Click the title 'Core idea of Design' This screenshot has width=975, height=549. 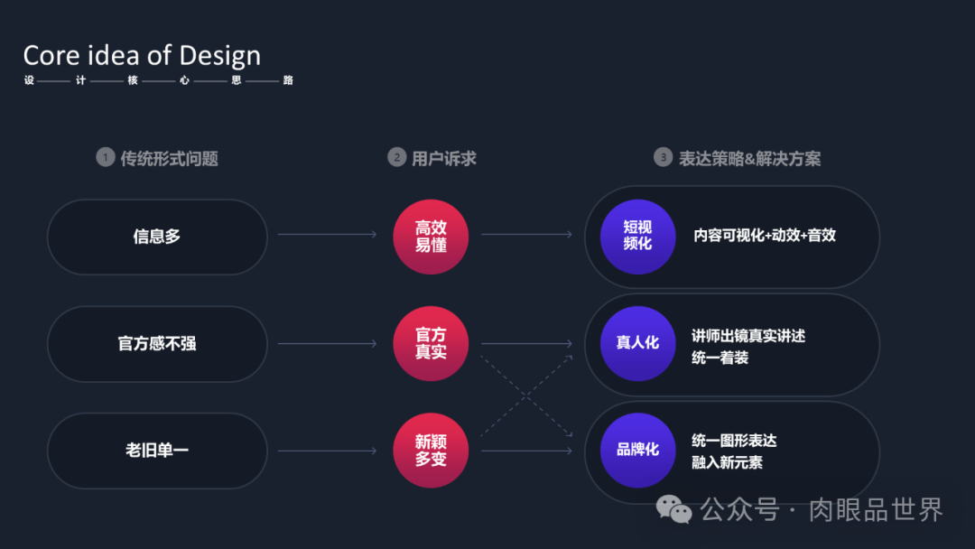(x=142, y=55)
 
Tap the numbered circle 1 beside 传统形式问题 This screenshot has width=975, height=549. (x=106, y=158)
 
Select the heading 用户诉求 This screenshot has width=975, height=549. (x=443, y=158)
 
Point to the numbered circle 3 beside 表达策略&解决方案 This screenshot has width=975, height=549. (x=664, y=158)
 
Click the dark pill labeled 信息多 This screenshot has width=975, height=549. (x=157, y=237)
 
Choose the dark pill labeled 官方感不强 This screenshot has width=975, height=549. (x=157, y=344)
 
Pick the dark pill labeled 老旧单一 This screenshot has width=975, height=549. (x=157, y=451)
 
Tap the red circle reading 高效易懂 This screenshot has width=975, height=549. (x=431, y=237)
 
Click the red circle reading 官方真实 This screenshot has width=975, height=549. (x=431, y=344)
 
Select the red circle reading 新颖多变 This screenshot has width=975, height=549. (x=431, y=451)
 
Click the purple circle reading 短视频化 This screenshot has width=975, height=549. (x=637, y=237)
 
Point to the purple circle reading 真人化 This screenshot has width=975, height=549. (x=637, y=344)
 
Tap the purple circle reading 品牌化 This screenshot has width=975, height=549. (x=637, y=451)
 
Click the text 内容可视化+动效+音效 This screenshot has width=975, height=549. (x=765, y=236)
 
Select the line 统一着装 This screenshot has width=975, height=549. (x=720, y=358)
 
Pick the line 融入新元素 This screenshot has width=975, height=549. (x=727, y=462)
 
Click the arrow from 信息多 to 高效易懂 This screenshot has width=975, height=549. (x=327, y=236)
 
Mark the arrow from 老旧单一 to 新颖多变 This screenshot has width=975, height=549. (x=327, y=451)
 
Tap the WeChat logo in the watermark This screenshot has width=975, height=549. (x=674, y=510)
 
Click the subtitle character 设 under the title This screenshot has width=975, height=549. (x=29, y=80)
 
